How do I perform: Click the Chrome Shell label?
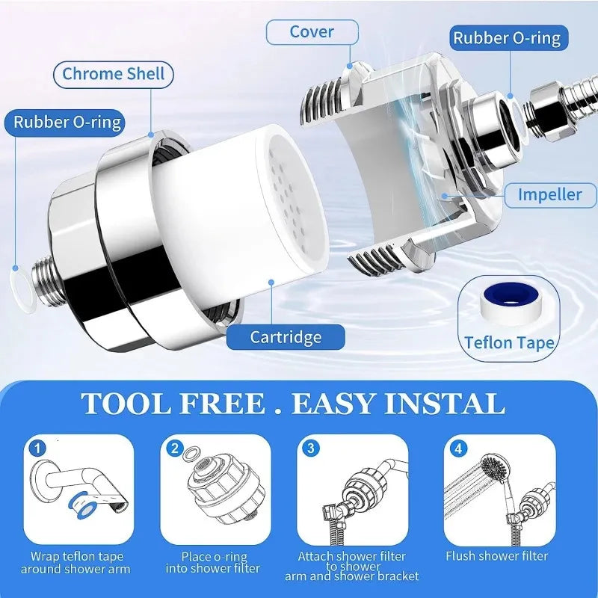click(x=113, y=74)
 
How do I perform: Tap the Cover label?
click(x=312, y=31)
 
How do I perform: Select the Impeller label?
click(x=550, y=194)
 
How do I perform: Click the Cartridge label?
click(x=286, y=336)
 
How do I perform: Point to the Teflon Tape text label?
click(x=508, y=342)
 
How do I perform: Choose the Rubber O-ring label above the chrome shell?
click(x=67, y=122)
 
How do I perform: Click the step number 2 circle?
click(x=173, y=449)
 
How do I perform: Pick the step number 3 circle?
click(x=310, y=449)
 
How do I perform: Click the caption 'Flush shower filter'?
click(x=497, y=555)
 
